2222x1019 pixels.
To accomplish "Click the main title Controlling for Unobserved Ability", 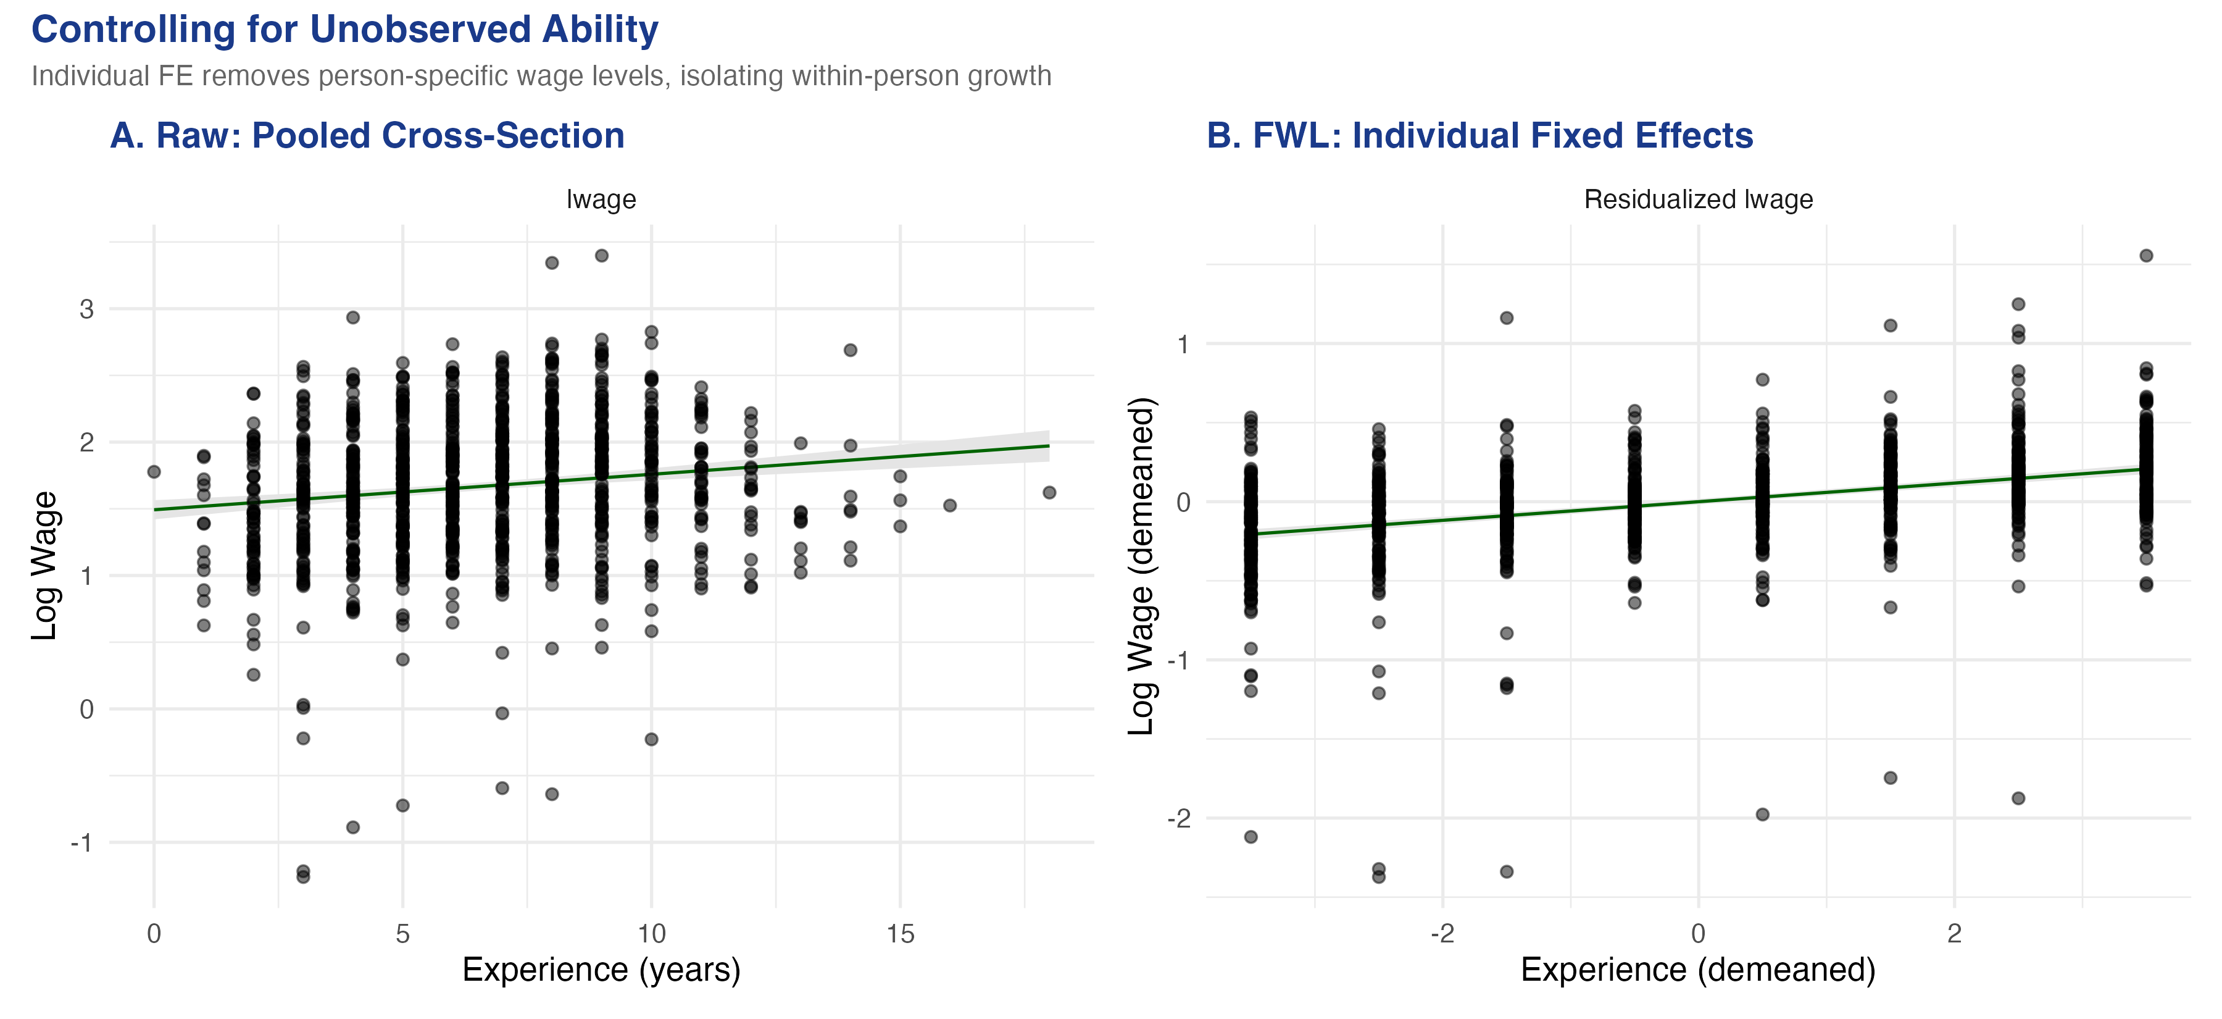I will (x=344, y=30).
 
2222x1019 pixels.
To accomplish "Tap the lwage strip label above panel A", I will (x=601, y=199).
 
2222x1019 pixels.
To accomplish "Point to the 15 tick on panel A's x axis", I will (x=900, y=934).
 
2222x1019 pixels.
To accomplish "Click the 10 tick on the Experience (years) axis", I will (x=651, y=934).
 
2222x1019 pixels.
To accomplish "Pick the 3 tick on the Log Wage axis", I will (x=86, y=309).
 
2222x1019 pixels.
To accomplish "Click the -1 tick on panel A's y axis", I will (x=82, y=843).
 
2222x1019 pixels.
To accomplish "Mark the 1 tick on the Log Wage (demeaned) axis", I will (x=1183, y=344).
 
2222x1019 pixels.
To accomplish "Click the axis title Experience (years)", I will (x=601, y=970).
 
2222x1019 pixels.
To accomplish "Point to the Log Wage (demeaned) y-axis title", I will (x=1141, y=566).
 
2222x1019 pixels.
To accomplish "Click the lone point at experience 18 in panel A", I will (x=1049, y=493).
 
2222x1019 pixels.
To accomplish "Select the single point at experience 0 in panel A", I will (x=154, y=472).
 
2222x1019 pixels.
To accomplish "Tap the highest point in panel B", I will (x=2146, y=256).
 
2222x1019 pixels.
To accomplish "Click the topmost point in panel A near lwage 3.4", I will (x=602, y=256).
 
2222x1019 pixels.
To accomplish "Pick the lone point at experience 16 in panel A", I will (x=950, y=506).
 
